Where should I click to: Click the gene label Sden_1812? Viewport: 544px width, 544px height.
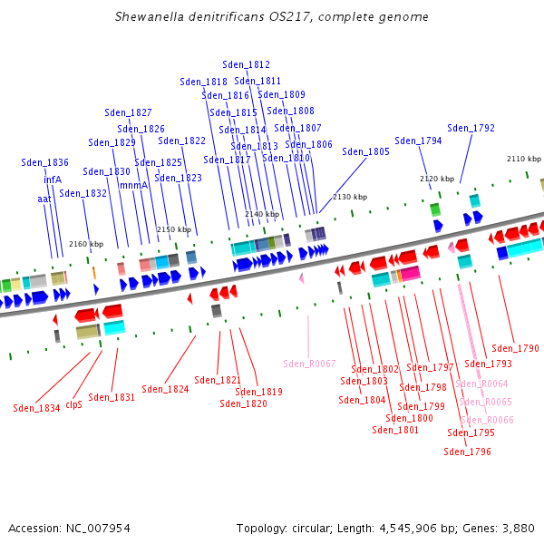(246, 64)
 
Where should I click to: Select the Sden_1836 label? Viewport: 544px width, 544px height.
(44, 162)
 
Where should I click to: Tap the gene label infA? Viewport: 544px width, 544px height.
(53, 180)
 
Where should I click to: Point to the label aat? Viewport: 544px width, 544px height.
(44, 199)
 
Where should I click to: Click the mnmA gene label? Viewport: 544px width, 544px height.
(133, 185)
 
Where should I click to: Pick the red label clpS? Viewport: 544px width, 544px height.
(74, 404)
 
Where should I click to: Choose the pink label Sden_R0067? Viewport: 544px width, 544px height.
(309, 364)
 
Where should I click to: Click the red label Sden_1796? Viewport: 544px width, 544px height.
(467, 452)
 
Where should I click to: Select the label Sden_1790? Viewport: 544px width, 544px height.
(515, 348)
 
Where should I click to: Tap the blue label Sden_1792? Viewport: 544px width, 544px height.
(471, 128)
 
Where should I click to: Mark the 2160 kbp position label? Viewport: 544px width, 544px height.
(86, 244)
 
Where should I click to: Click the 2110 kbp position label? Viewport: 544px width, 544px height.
(524, 159)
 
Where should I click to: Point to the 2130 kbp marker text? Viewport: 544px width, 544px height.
(350, 197)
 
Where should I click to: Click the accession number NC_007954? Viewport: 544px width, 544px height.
(98, 529)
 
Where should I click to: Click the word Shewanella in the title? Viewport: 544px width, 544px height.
(150, 16)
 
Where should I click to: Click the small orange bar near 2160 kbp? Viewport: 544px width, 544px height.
(94, 273)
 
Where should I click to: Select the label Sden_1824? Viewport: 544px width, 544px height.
(165, 389)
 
